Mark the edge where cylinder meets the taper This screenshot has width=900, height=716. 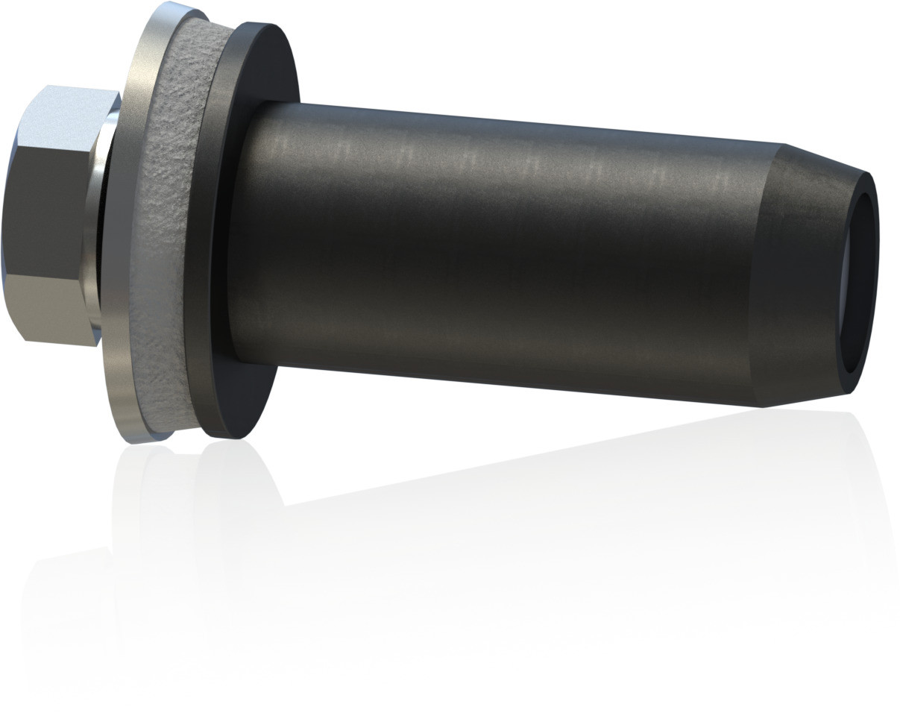click(768, 276)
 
